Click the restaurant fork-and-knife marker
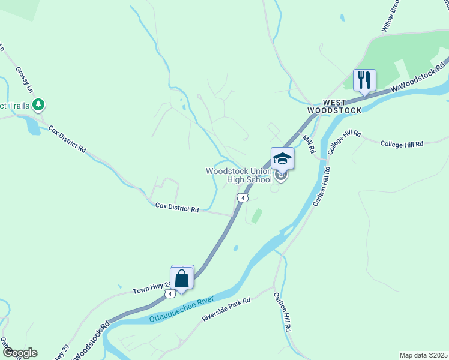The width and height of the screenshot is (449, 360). (x=364, y=80)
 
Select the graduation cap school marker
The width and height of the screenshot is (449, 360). (x=282, y=159)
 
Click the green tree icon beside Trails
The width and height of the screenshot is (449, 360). (x=39, y=106)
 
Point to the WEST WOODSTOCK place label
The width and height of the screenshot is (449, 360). (x=334, y=107)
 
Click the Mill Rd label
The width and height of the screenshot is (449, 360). (x=309, y=144)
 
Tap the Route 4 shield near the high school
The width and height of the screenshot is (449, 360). (x=242, y=197)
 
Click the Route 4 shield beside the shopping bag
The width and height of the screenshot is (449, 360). (x=171, y=293)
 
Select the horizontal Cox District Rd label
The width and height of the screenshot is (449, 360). (x=176, y=208)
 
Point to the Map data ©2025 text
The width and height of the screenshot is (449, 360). (x=423, y=355)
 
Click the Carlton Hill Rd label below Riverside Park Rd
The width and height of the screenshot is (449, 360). (x=283, y=312)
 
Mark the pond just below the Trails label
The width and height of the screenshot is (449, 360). (x=32, y=125)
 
